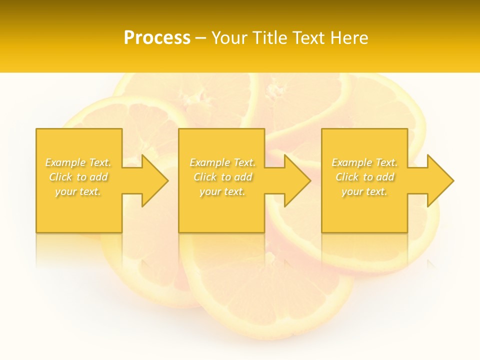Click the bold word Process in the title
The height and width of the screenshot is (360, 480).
click(157, 37)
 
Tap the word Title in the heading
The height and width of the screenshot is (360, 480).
click(270, 37)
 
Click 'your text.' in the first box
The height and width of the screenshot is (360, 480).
click(78, 191)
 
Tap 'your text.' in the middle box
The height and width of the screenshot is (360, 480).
click(222, 191)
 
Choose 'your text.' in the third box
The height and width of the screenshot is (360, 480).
click(364, 191)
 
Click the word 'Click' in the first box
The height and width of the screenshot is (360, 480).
click(60, 177)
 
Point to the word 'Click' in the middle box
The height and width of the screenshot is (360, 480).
click(205, 177)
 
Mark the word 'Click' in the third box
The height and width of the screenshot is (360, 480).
click(347, 177)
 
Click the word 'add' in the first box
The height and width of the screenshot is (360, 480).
click(99, 177)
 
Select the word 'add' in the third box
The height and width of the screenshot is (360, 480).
click(385, 177)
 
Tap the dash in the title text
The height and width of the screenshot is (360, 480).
click(201, 38)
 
